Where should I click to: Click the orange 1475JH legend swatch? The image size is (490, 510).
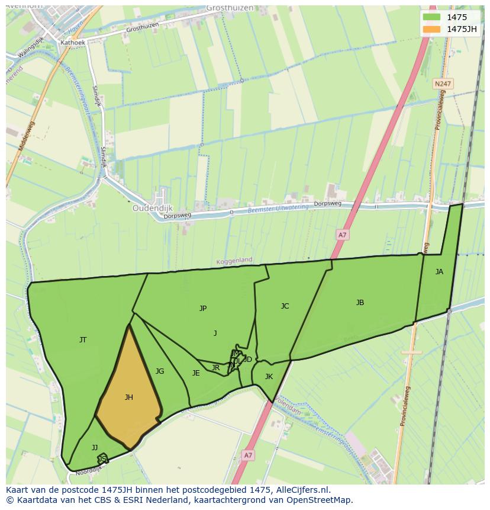[x=432, y=29]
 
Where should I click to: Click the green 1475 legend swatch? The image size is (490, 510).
[x=432, y=17]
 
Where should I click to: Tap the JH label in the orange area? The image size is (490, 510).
[x=128, y=397]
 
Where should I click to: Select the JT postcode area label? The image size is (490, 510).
[x=83, y=340]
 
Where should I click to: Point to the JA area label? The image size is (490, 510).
[x=439, y=272]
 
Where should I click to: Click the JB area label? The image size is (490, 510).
[x=360, y=303]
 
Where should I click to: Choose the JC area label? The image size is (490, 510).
[x=285, y=306]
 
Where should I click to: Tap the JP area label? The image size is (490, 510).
[x=203, y=309]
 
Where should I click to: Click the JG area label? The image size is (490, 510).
[x=160, y=371]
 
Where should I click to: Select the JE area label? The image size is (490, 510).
[x=196, y=373]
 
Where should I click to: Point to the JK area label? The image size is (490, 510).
[x=269, y=377]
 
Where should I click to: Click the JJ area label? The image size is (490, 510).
[x=95, y=448]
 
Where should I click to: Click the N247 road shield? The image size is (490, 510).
[x=441, y=84]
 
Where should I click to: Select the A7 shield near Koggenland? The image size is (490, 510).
[x=342, y=235]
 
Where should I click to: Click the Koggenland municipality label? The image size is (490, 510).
[x=234, y=260]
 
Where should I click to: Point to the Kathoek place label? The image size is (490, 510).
[x=73, y=43]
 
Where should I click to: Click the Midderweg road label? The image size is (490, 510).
[x=28, y=136]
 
